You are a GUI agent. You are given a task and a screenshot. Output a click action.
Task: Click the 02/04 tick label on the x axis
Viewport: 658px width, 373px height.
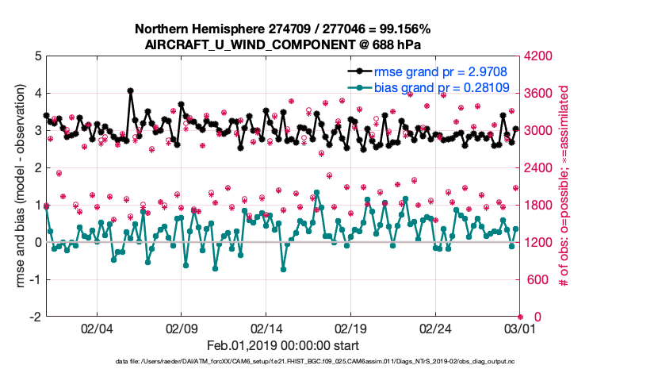[x=97, y=328]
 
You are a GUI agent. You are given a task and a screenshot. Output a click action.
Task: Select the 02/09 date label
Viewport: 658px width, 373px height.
[x=182, y=328]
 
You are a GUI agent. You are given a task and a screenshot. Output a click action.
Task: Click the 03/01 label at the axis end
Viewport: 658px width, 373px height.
[x=518, y=328]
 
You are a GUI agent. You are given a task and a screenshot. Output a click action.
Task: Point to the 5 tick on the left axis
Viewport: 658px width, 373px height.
[x=38, y=56]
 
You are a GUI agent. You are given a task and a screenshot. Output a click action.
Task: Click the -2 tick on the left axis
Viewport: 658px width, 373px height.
[x=36, y=317]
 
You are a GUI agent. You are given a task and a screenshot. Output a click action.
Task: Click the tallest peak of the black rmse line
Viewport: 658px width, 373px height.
[x=130, y=90]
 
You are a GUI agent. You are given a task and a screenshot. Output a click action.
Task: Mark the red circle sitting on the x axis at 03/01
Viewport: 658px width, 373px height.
[x=521, y=317]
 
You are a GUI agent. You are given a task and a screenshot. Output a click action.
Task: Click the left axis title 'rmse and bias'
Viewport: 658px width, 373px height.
[x=17, y=186]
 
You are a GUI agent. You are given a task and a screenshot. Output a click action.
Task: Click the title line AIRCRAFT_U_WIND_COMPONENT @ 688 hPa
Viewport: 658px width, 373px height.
[x=283, y=44]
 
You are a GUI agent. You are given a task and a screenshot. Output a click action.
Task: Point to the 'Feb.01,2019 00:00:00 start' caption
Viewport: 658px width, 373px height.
[x=283, y=345]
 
